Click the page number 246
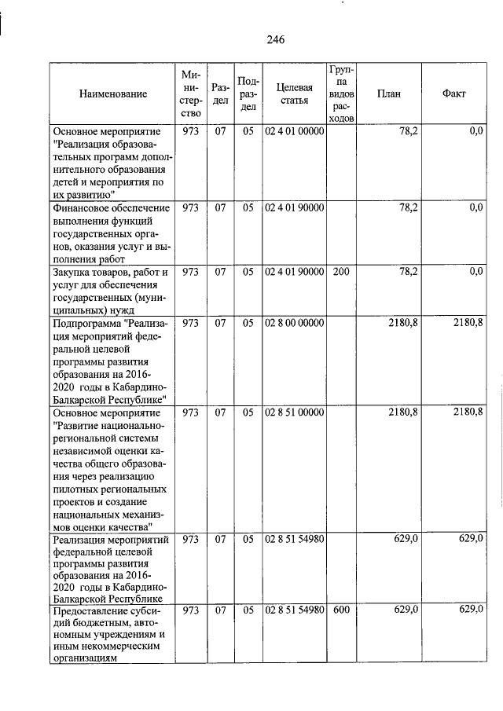(x=275, y=40)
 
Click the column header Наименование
(x=113, y=94)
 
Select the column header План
(x=388, y=94)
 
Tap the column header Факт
(x=453, y=94)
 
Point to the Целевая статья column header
(x=294, y=94)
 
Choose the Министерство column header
(x=191, y=94)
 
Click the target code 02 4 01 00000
(x=294, y=132)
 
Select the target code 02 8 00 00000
(x=294, y=323)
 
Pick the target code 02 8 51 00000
(x=294, y=412)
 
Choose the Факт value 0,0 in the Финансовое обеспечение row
(x=475, y=208)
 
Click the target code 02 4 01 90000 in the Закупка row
(x=294, y=272)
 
